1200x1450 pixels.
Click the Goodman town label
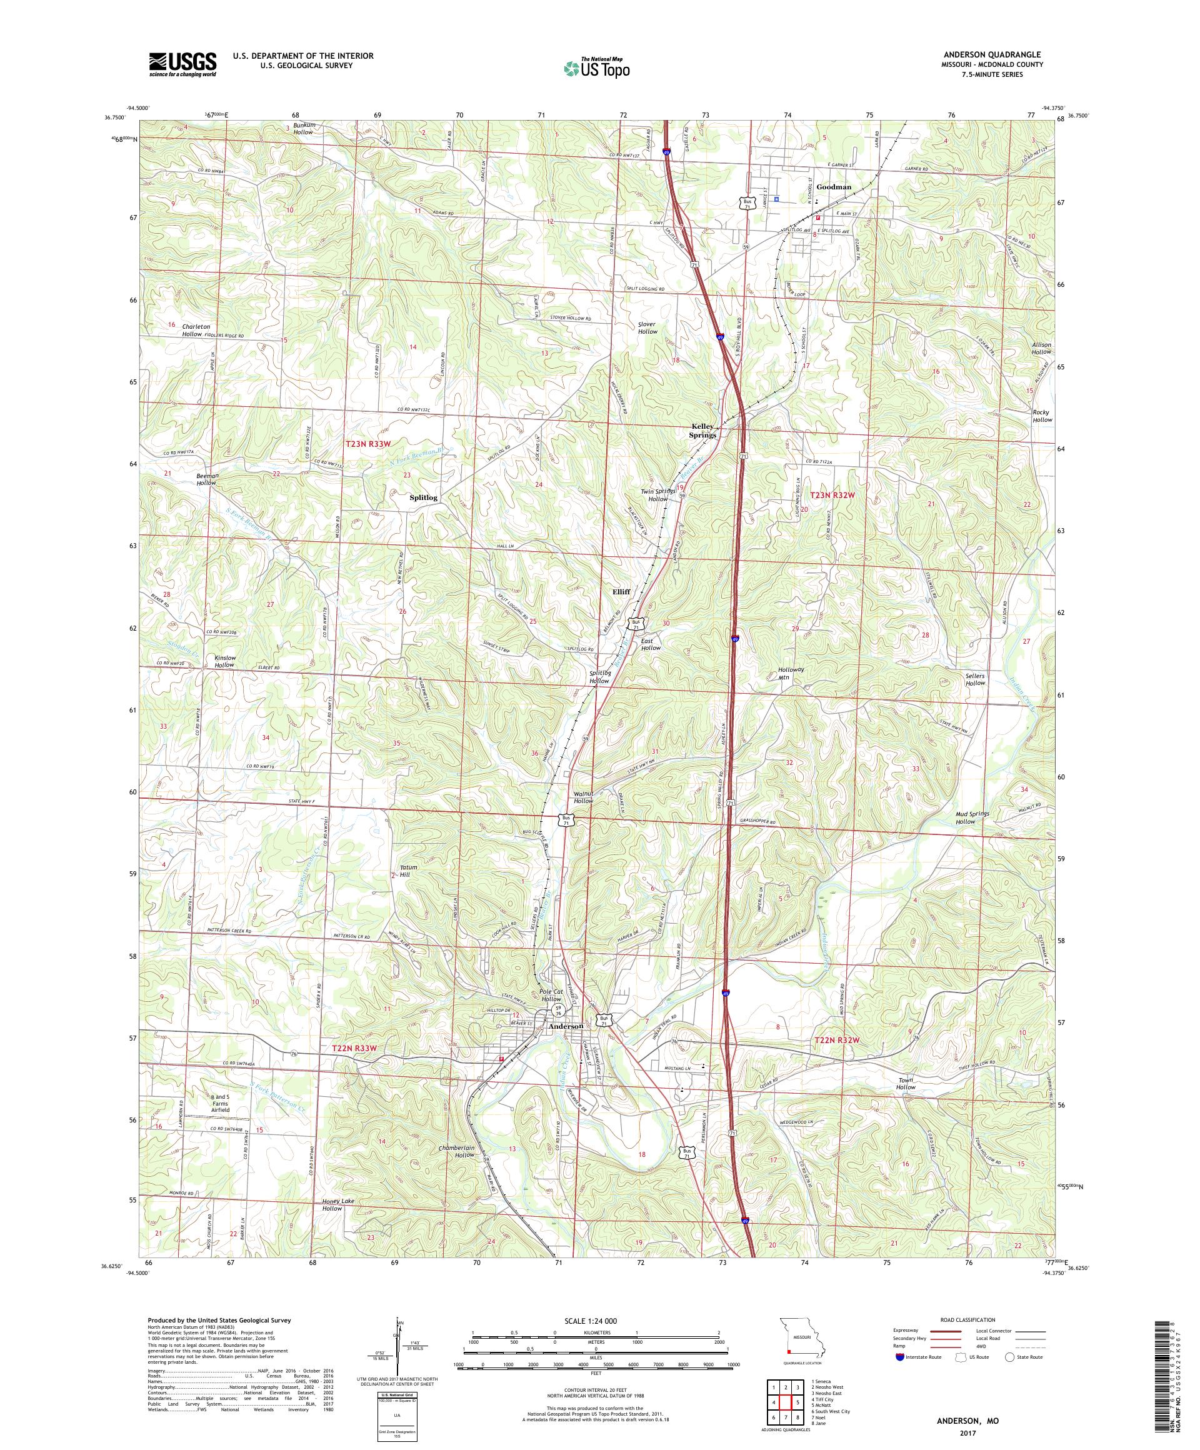click(833, 187)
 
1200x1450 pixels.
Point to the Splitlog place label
click(423, 497)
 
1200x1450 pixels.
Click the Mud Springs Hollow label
click(972, 818)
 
